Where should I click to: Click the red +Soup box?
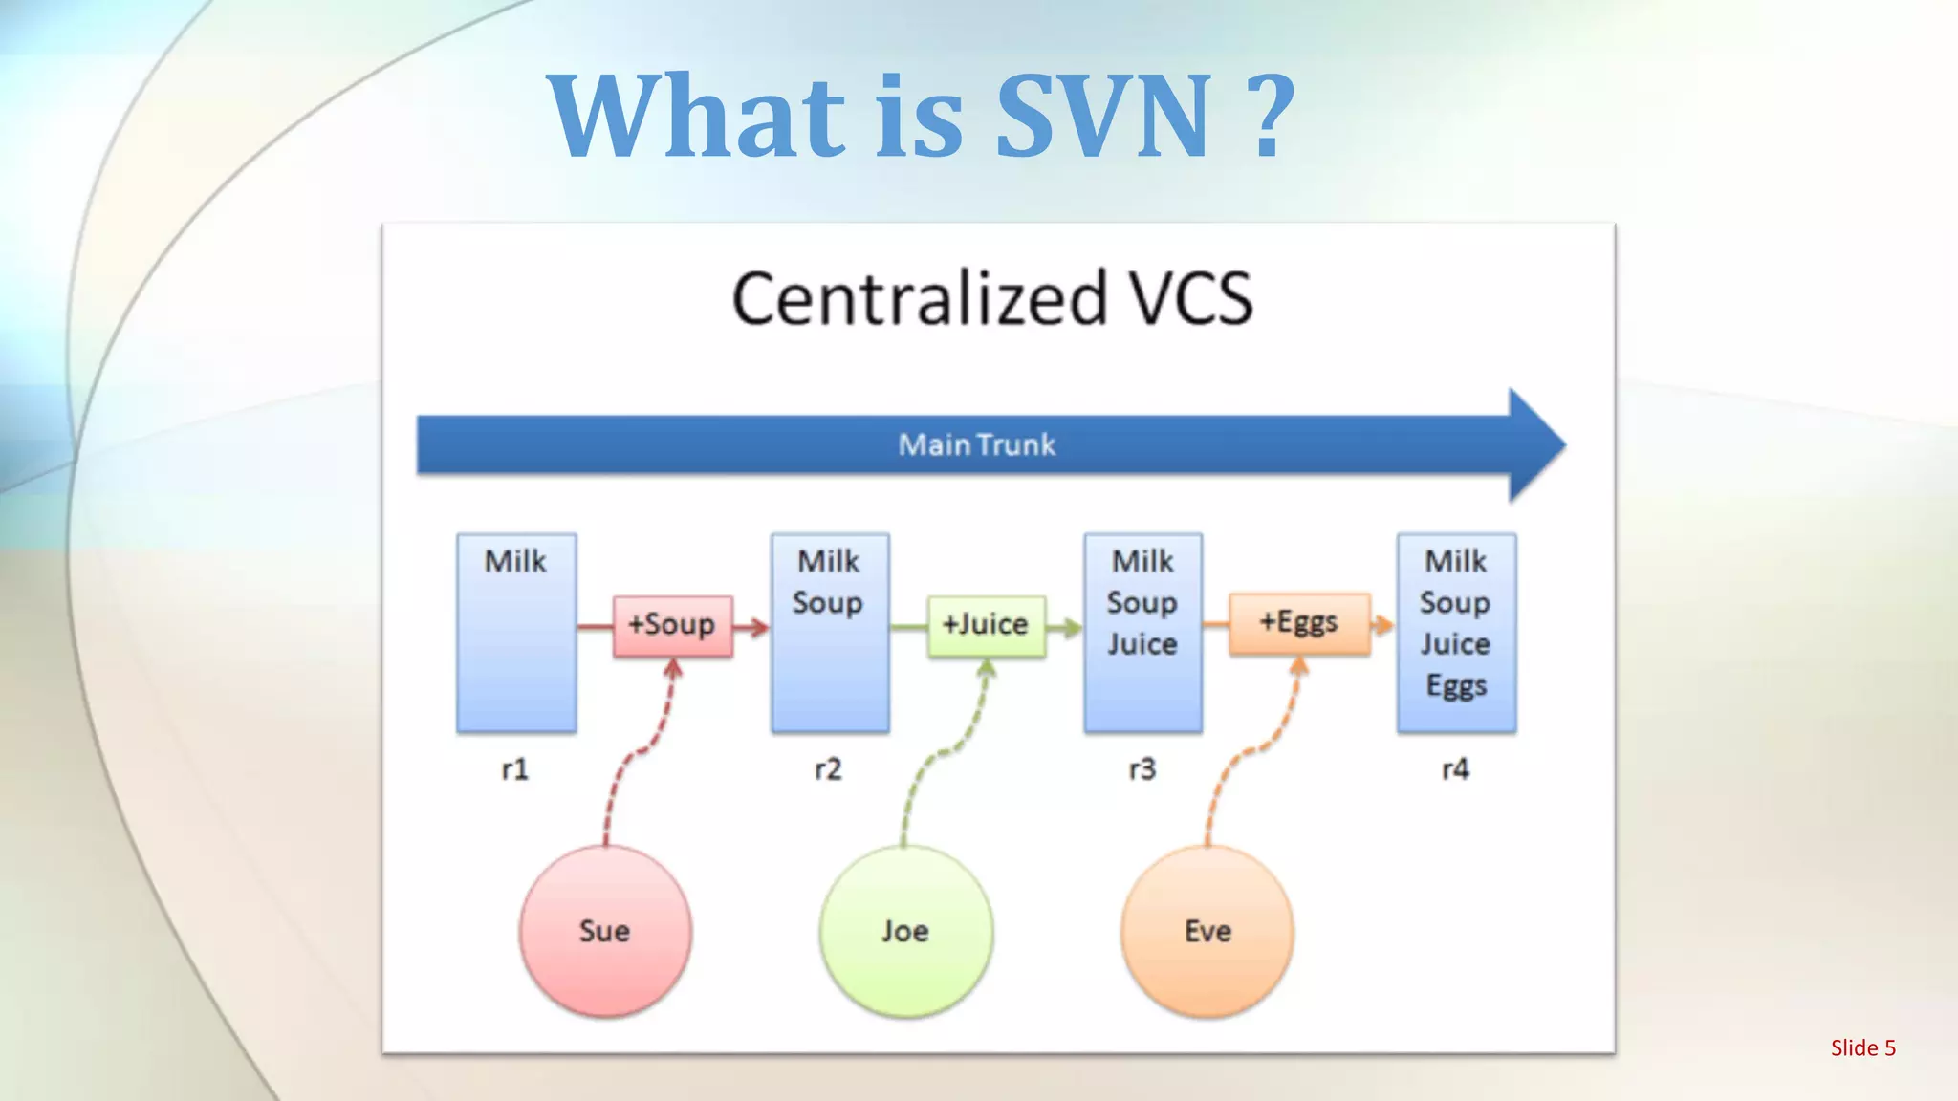click(x=672, y=625)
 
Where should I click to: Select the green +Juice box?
click(x=986, y=625)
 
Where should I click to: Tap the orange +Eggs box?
click(x=1298, y=623)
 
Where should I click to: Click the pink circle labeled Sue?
click(x=605, y=930)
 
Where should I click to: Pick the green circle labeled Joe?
click(x=905, y=930)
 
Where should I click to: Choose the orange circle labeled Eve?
click(x=1207, y=930)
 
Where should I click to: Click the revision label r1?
click(x=515, y=769)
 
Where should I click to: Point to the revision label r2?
click(x=829, y=769)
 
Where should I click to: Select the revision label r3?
click(x=1142, y=769)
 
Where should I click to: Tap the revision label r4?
click(x=1456, y=769)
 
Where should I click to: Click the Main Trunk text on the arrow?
click(x=976, y=444)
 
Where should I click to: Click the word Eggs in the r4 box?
click(x=1456, y=686)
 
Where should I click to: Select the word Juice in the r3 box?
click(x=1142, y=644)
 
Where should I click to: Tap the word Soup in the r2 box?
click(x=828, y=603)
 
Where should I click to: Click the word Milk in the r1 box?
click(x=515, y=561)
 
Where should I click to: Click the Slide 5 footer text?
click(x=1862, y=1047)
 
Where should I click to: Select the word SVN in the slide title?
click(x=1104, y=117)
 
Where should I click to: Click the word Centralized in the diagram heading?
click(x=919, y=299)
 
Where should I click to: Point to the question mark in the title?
click(x=1271, y=117)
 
